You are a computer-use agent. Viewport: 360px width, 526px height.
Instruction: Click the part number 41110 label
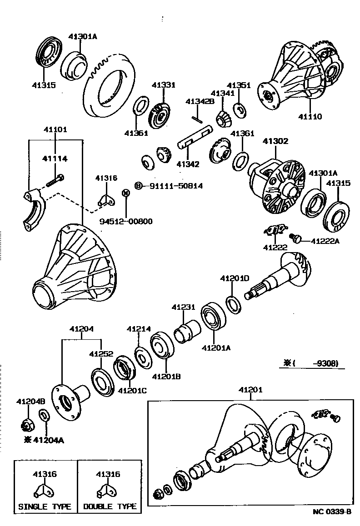point(310,117)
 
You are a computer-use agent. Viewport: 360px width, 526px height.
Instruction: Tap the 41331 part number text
point(163,85)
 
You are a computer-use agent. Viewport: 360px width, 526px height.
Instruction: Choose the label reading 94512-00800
point(126,221)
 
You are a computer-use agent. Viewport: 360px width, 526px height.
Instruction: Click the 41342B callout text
point(200,101)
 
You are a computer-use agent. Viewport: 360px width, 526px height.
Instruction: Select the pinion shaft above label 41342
point(195,138)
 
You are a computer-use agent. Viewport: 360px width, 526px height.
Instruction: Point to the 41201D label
point(235,278)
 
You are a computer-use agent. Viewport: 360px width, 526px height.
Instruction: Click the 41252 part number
point(100,353)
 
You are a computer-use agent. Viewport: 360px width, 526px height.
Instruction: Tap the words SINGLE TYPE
point(45,506)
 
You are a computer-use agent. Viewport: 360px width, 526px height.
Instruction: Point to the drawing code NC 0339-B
point(332,512)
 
